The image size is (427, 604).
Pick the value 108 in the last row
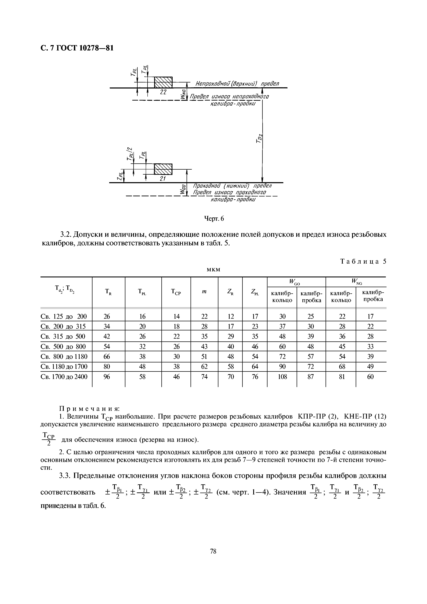282,377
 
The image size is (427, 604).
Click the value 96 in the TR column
107,377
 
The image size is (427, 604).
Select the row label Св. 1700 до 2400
64,377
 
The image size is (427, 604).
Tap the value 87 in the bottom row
311,377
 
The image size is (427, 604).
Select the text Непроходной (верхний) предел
237,84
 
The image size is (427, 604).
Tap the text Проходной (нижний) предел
232,186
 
